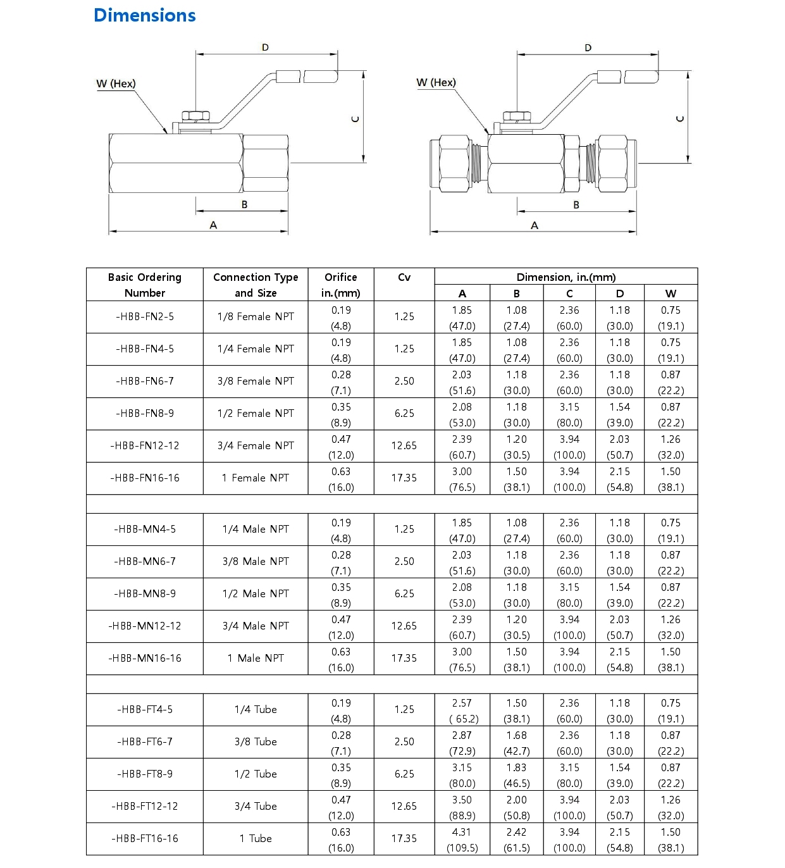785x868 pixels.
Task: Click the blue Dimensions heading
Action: coord(144,15)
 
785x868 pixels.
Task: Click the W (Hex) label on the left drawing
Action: coord(116,84)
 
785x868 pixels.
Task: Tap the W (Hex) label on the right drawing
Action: coord(436,82)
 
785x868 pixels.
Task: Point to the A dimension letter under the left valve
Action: coord(213,225)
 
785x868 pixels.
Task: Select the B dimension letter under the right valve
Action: coord(576,205)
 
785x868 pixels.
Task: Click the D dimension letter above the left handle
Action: coord(265,47)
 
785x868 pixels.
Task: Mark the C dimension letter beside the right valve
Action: coord(680,118)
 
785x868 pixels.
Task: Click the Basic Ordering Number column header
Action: coord(145,285)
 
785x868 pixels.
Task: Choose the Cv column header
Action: coord(404,277)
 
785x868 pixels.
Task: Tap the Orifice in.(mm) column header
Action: coord(341,285)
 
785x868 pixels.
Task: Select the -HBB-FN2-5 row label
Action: coord(145,317)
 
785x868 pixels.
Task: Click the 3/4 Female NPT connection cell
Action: coord(256,446)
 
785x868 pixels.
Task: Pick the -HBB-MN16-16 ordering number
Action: coord(145,659)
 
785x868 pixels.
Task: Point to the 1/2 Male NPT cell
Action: coord(256,594)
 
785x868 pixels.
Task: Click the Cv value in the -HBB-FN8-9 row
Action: coord(404,414)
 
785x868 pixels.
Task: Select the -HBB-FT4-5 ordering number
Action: coord(145,710)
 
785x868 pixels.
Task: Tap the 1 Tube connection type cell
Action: coord(256,839)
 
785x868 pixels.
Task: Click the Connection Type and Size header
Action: coord(256,285)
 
